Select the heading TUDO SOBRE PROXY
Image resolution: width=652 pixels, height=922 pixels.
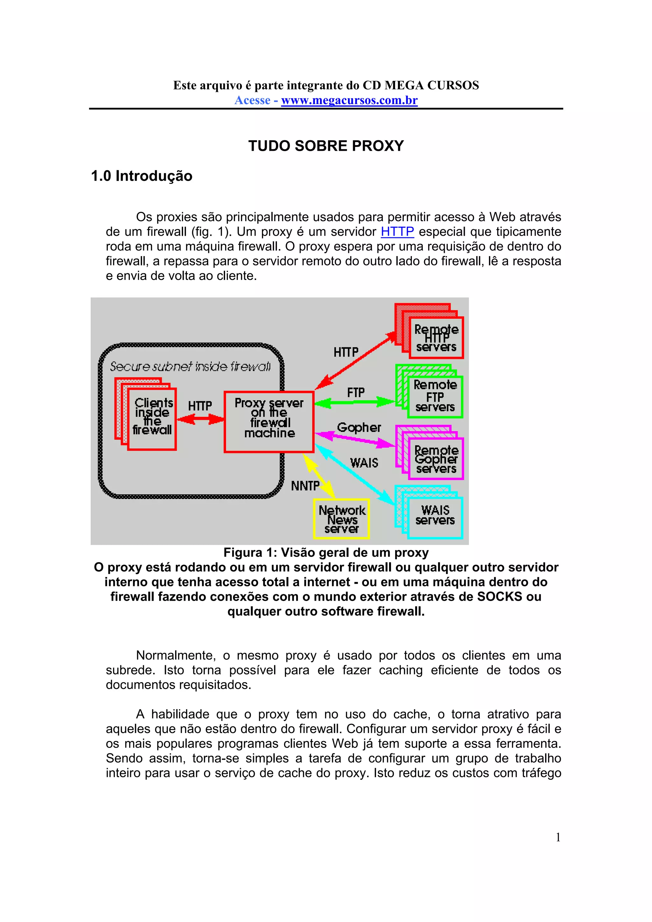tap(326, 146)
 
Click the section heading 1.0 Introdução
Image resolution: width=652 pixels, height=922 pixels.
tap(142, 176)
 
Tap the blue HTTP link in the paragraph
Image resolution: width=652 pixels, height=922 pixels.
tap(397, 232)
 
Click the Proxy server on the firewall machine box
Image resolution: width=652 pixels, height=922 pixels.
tap(269, 422)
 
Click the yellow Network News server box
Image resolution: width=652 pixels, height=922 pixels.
tap(342, 519)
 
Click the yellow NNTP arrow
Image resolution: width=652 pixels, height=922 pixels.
tap(319, 476)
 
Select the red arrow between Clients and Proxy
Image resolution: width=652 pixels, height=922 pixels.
tap(200, 420)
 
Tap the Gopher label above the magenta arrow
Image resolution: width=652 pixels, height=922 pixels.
tap(359, 427)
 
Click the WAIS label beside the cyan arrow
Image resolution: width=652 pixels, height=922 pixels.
tap(364, 463)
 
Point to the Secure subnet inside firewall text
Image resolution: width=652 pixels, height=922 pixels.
tap(190, 366)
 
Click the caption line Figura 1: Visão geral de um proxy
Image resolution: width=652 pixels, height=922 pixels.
tap(326, 553)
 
